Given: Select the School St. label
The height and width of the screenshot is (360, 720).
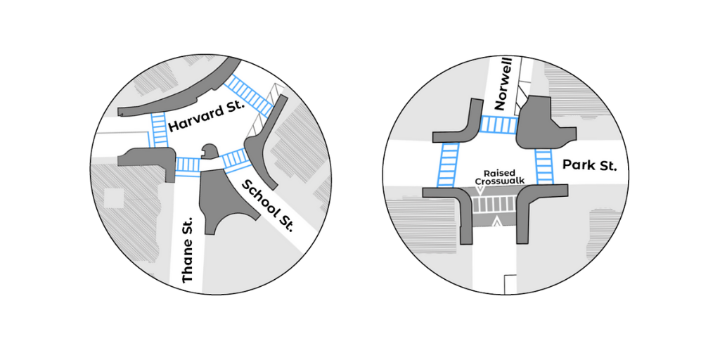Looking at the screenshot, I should pos(267,206).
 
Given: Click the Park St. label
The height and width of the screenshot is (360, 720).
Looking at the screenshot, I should pos(589,167).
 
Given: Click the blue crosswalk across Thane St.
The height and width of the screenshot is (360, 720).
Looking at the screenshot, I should pos(188,165).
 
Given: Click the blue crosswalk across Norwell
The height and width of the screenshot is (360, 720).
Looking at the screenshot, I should pos(499,125).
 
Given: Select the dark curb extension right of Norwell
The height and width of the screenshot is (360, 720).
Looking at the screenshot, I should pos(540,124).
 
